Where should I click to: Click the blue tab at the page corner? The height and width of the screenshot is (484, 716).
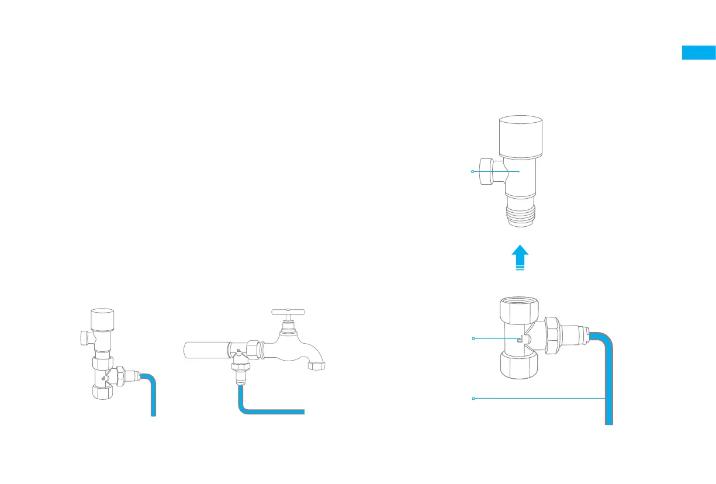coord(698,53)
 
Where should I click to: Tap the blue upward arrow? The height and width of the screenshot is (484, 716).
coord(520,257)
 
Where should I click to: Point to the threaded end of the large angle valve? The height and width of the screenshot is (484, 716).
coord(520,213)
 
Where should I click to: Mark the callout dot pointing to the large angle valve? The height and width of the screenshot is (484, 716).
coord(473,171)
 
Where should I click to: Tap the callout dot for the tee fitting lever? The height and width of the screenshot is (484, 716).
coord(473,338)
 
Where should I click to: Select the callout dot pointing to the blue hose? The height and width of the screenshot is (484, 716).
coord(473,398)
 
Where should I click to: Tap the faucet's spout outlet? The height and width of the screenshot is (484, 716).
coord(317,367)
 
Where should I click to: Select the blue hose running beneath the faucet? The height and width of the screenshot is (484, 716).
coord(269,412)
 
